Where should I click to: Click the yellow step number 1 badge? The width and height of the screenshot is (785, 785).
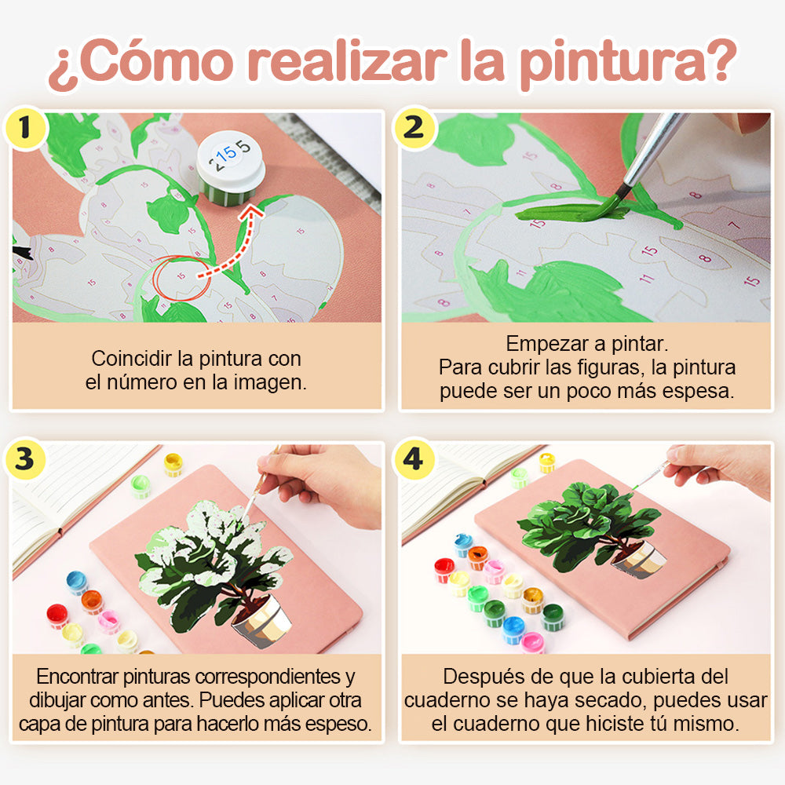coord(25,128)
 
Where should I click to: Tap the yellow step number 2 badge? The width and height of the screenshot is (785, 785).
coord(414,128)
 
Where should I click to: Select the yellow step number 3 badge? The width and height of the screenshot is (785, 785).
coord(25,459)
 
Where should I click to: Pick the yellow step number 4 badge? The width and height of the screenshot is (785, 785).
coord(414,459)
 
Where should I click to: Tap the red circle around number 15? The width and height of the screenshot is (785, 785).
coord(182,278)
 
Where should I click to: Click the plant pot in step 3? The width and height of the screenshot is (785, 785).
coord(262,621)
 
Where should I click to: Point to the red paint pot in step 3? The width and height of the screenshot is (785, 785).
coord(57,615)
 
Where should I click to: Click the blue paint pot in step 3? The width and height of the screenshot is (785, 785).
coord(77,582)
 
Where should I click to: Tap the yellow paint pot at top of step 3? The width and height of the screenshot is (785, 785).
coord(173,465)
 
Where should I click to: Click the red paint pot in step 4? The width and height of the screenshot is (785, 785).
coord(444,570)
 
